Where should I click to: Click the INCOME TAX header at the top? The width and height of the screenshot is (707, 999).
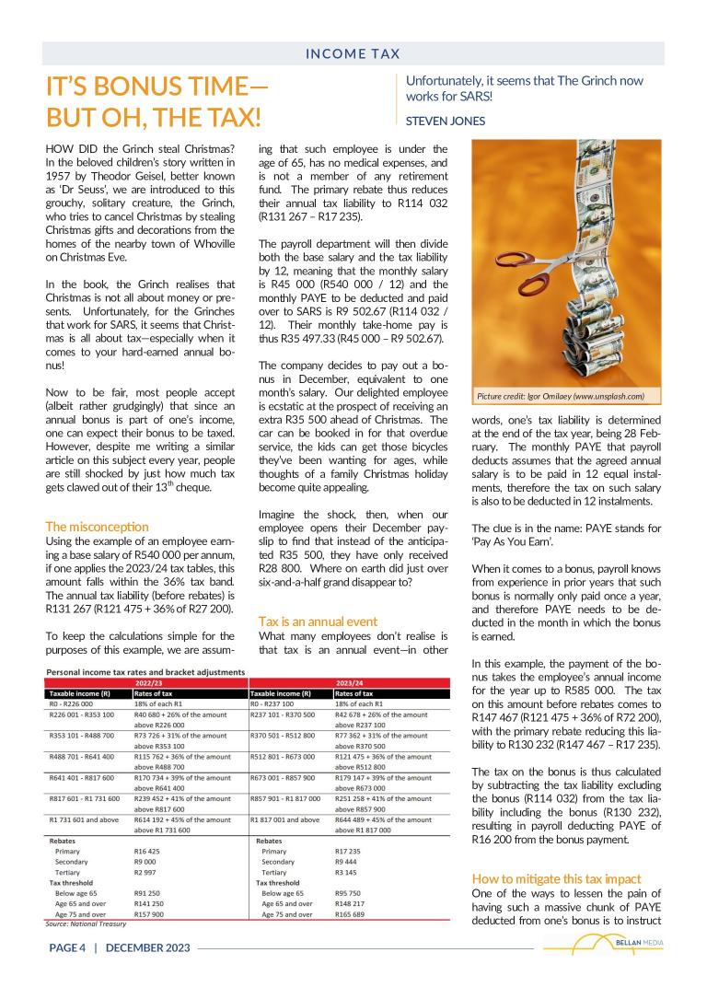click(x=353, y=54)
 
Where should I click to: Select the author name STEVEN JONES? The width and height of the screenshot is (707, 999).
click(x=446, y=120)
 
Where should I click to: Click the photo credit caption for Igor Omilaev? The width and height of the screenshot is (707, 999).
click(x=560, y=396)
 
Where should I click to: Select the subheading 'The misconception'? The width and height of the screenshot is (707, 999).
click(x=97, y=527)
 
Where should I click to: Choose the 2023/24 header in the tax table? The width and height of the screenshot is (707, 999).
click(x=353, y=683)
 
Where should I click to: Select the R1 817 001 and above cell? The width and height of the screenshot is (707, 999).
click(x=285, y=819)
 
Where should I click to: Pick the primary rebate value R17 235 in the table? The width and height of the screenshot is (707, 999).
click(x=350, y=852)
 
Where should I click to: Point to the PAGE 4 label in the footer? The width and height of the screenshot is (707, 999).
click(x=67, y=947)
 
